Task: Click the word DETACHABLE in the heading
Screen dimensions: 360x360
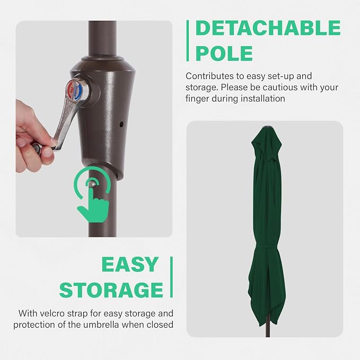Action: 268,28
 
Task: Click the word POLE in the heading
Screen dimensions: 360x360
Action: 224,53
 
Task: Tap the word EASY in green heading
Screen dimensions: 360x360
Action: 130,265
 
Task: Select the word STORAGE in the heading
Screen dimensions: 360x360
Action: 111,290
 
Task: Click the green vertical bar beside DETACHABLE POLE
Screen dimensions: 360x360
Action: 188,41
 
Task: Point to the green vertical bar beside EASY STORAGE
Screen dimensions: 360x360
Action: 171,277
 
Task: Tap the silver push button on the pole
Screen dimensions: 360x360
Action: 92,183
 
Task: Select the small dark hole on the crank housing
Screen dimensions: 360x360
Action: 121,125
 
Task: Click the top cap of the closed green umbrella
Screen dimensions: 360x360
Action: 267,127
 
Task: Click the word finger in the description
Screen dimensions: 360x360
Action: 197,99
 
